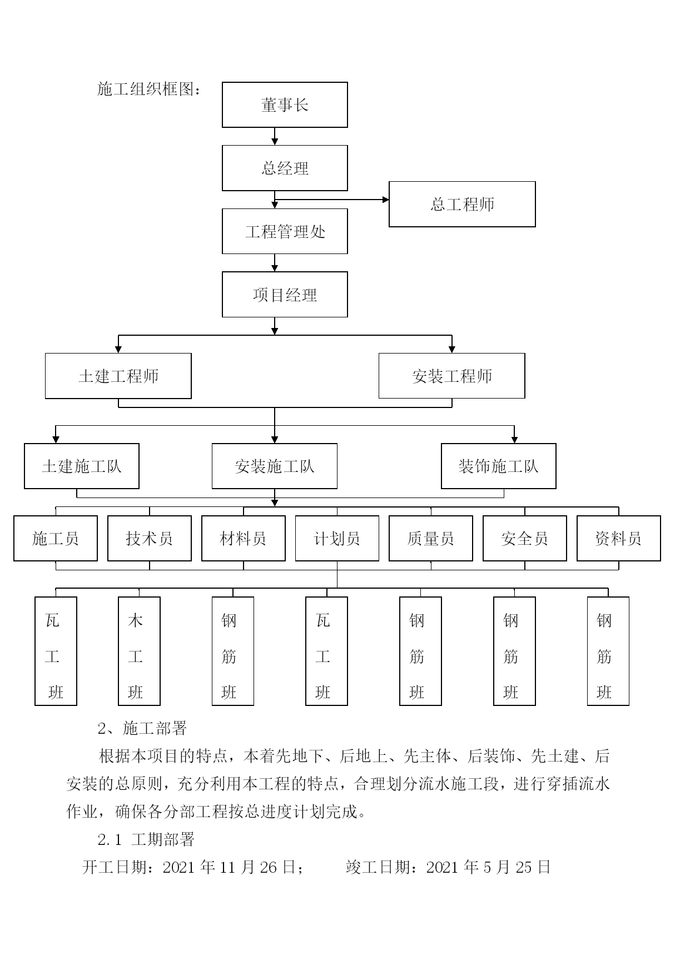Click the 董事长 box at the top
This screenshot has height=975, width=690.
285,105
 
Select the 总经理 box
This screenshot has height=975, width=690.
285,168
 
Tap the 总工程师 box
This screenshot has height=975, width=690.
462,204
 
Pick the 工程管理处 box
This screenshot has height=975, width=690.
285,231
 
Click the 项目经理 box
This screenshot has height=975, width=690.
285,295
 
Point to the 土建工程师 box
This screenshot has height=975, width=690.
118,376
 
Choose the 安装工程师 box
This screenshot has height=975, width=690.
451,376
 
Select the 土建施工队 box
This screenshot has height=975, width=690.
82,466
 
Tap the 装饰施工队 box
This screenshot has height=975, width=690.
499,466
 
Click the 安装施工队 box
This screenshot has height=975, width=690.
275,466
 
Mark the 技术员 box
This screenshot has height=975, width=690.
150,538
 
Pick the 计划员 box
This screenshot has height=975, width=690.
337,538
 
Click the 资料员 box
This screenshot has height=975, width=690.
619,538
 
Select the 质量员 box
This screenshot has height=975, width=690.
431,538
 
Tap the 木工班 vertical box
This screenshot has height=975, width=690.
139,651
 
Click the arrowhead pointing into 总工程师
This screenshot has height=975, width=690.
386,200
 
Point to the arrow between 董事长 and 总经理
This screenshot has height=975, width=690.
275,137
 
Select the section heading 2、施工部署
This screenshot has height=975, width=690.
142,728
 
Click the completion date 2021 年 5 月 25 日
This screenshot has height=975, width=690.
488,867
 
